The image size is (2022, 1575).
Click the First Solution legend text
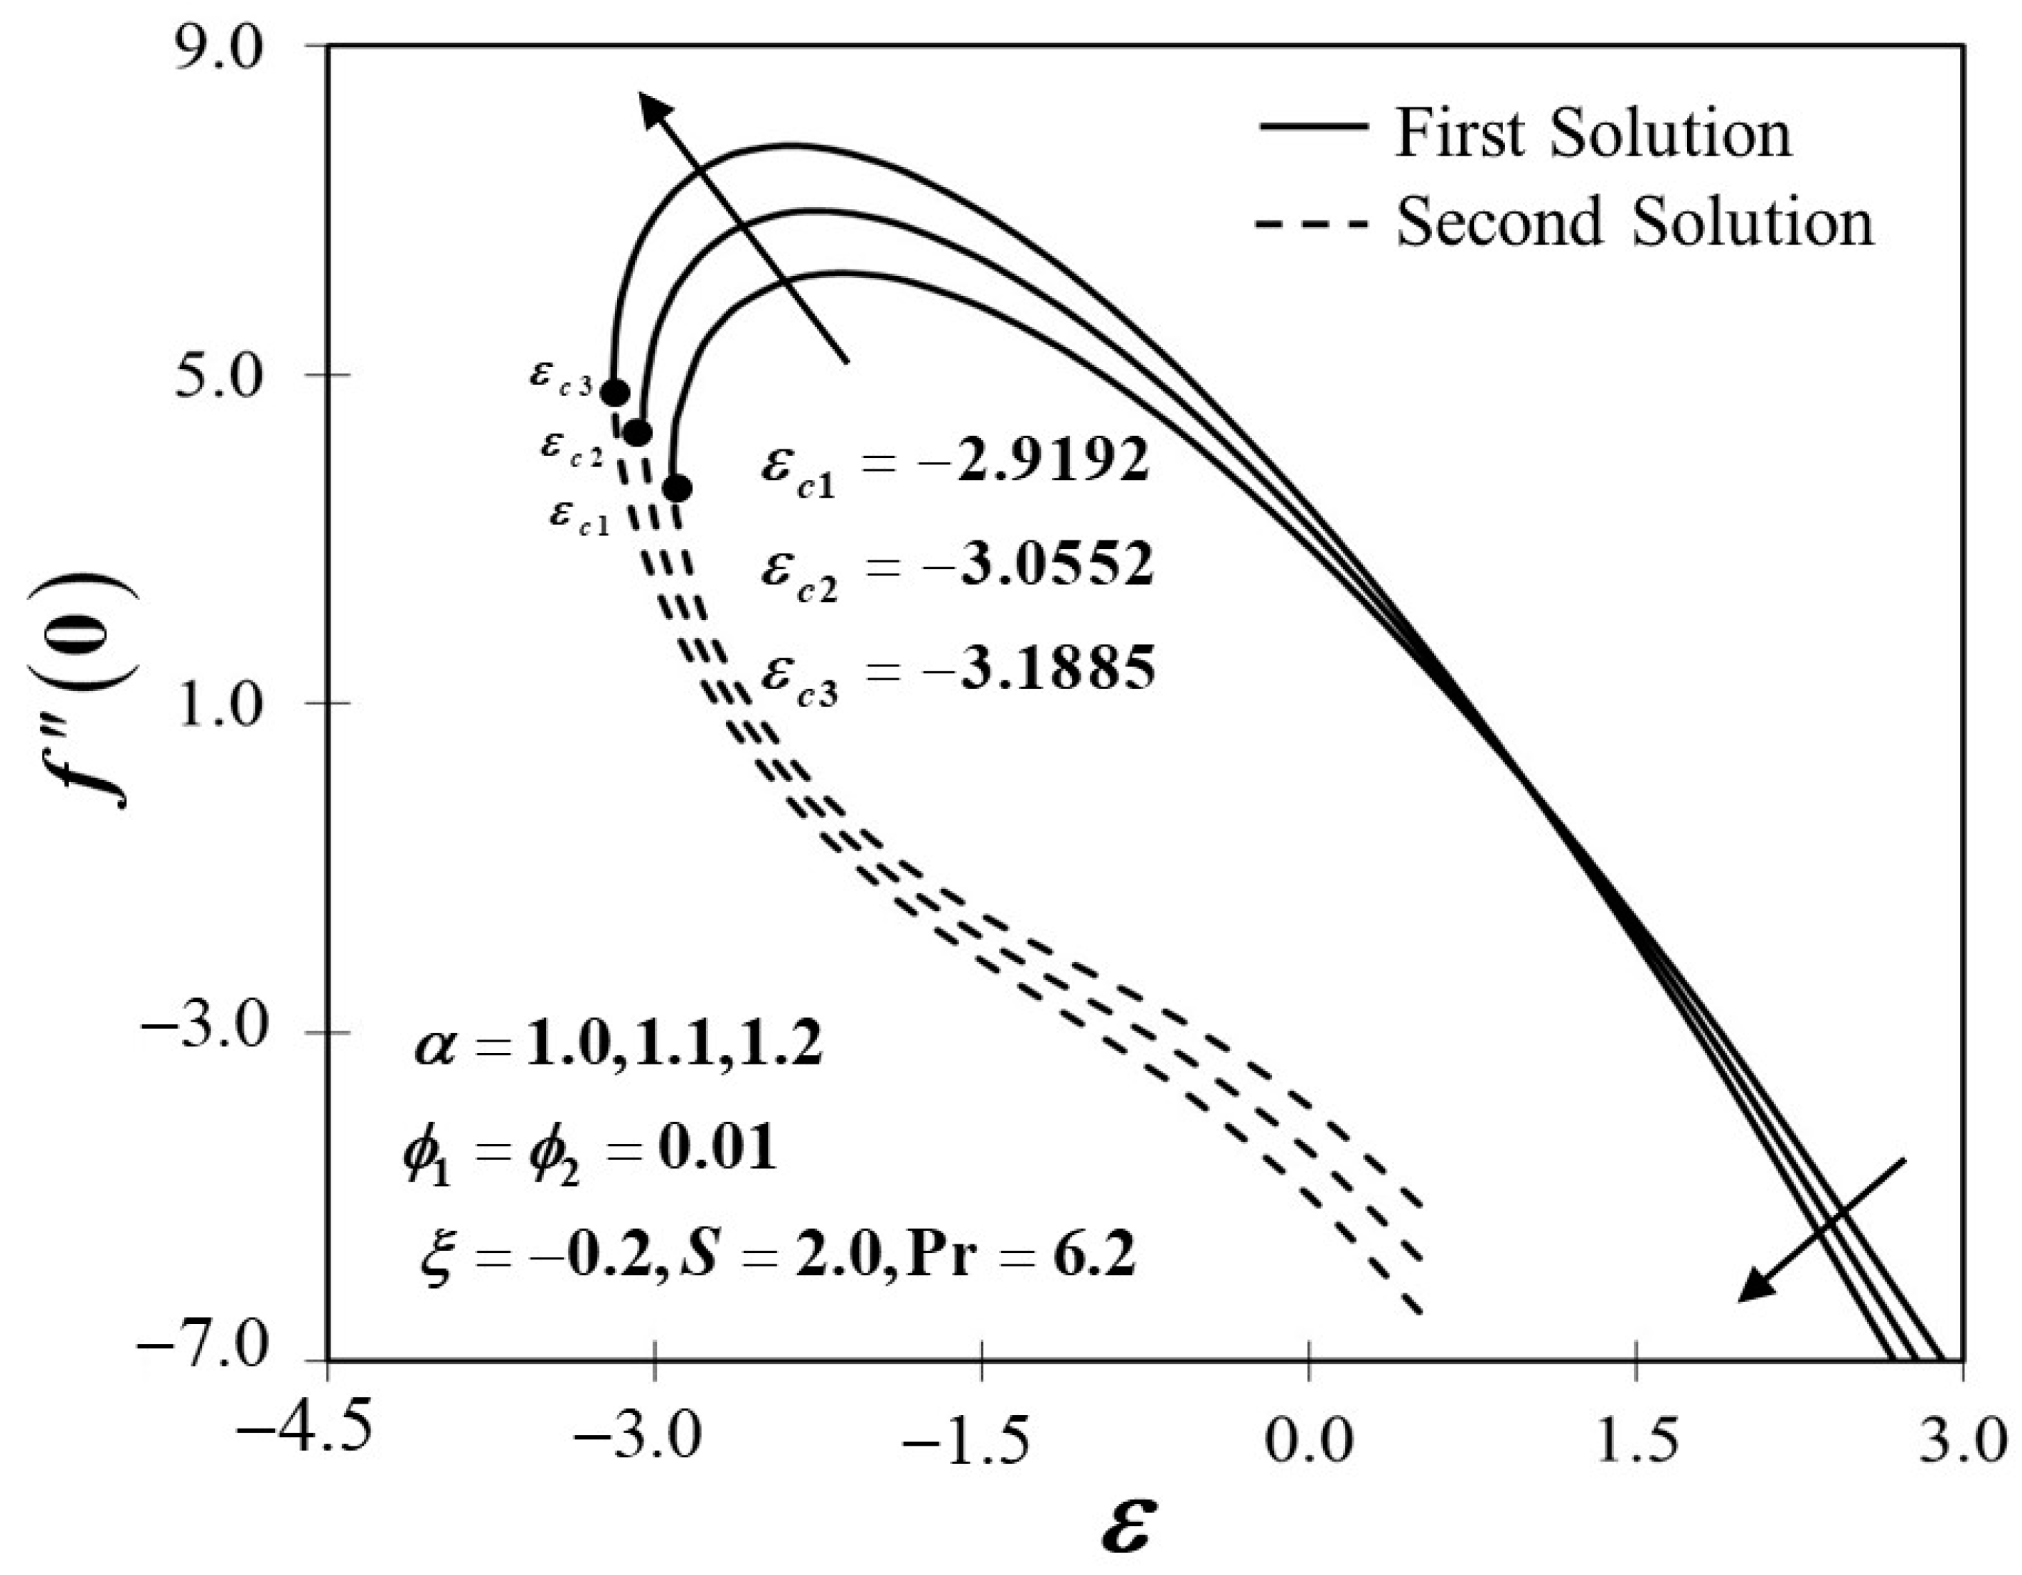1593,134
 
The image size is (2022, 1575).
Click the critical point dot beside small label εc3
616,393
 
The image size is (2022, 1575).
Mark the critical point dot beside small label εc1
677,488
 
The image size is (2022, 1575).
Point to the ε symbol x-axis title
1128,1529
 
